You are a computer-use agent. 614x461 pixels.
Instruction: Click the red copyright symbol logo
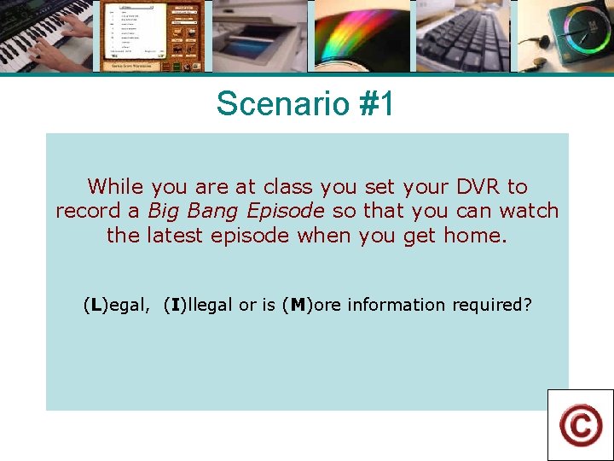(581, 425)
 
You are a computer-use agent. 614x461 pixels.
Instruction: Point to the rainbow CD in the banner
(362, 36)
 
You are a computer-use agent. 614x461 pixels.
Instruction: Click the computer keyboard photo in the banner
(463, 36)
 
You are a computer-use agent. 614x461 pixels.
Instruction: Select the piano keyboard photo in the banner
(47, 36)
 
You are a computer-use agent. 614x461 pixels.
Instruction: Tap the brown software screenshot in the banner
(153, 36)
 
